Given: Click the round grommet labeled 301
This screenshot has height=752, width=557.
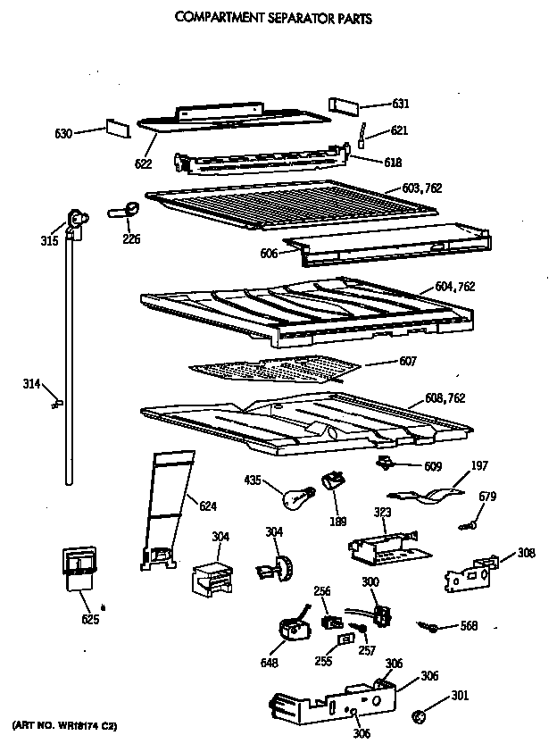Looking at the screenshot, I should tap(419, 717).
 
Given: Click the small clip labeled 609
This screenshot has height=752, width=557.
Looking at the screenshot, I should tap(386, 462).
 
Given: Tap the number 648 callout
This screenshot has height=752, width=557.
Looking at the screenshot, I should tap(268, 662).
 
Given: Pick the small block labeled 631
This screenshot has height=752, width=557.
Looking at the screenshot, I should tap(345, 104).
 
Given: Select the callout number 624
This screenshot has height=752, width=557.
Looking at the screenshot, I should tap(207, 506).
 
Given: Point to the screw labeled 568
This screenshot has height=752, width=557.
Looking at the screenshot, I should tap(431, 628).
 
